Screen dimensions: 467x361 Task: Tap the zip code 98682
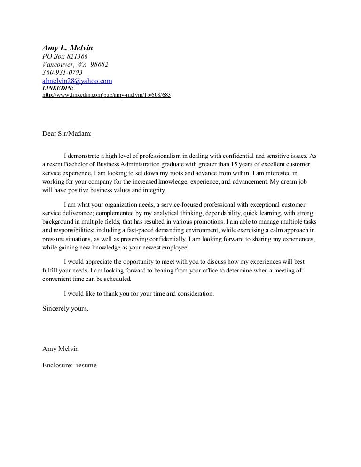pos(100,65)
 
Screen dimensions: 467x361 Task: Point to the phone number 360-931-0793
pos(63,73)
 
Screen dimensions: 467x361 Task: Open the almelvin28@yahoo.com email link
pos(77,81)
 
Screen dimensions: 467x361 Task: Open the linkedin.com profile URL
pos(106,94)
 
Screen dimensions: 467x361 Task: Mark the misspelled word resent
pos(55,165)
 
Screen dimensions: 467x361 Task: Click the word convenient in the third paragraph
pos(58,279)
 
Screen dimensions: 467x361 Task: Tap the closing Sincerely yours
pos(65,309)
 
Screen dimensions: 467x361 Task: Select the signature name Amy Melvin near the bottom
pos(61,349)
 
